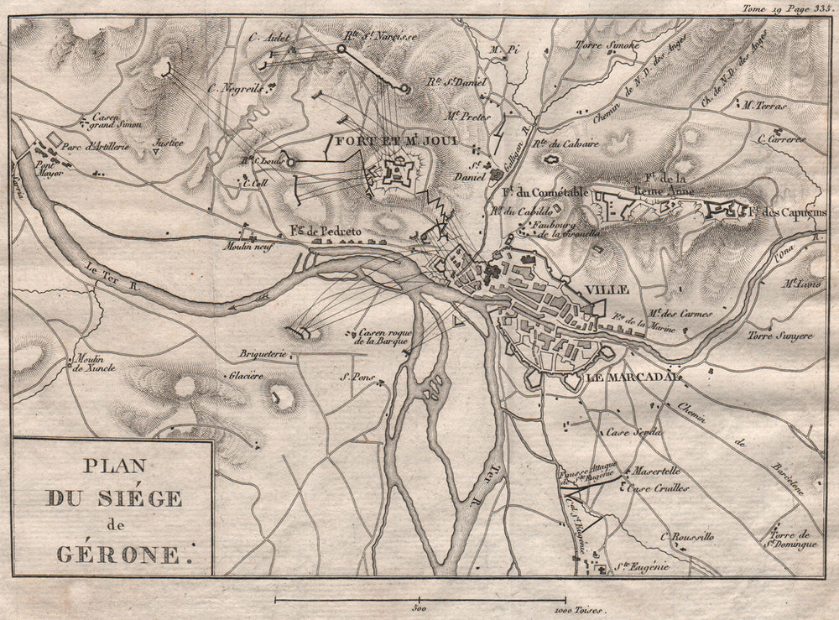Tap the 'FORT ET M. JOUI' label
click(x=397, y=141)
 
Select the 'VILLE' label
click(x=607, y=289)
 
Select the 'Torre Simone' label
click(x=607, y=44)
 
